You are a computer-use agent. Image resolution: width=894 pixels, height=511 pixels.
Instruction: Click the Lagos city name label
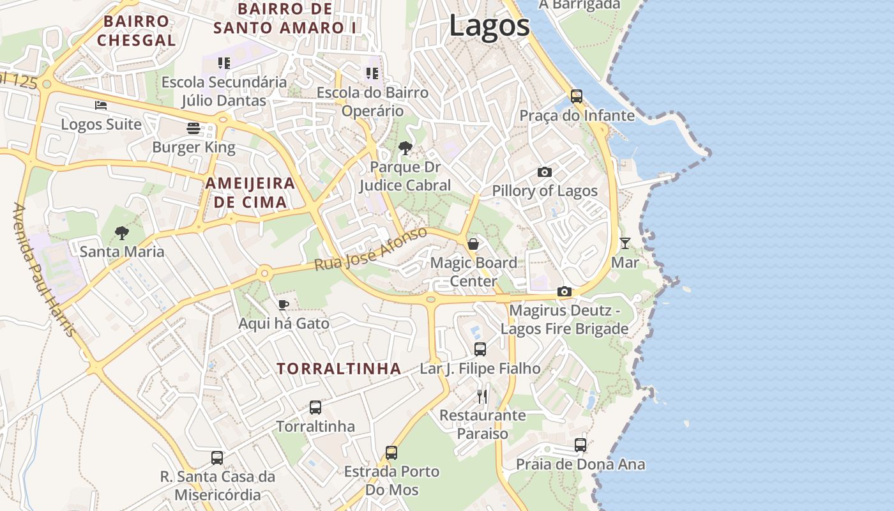[x=489, y=26]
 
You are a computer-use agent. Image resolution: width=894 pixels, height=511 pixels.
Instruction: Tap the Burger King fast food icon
[x=193, y=128]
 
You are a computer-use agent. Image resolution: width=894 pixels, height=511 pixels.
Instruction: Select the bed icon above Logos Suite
[x=100, y=105]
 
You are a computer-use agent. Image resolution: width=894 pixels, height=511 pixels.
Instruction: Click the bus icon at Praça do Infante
[x=577, y=96]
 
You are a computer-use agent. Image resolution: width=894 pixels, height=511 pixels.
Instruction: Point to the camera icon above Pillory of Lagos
[x=544, y=172]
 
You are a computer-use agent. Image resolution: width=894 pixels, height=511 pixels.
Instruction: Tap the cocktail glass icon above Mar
[x=625, y=243]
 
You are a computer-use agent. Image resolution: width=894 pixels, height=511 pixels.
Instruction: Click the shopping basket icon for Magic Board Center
[x=473, y=244]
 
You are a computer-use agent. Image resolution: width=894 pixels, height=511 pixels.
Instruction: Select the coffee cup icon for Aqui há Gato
[x=284, y=305]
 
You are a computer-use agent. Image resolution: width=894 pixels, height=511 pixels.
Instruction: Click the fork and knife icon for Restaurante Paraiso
[x=482, y=397]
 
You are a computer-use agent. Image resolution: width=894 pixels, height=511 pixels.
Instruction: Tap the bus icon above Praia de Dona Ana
[x=580, y=445]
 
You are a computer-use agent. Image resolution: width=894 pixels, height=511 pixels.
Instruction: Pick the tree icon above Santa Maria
[x=121, y=233]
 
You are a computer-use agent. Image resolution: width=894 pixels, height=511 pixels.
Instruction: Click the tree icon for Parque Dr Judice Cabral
[x=404, y=149]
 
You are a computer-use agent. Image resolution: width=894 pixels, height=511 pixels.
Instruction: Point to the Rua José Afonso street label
[x=371, y=249]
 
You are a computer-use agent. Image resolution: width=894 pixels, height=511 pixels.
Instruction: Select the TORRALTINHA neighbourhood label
[x=339, y=369]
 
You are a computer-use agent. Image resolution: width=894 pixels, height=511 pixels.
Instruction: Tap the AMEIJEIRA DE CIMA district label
[x=250, y=193]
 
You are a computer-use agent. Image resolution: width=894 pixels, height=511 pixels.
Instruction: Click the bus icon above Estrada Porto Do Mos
[x=391, y=453]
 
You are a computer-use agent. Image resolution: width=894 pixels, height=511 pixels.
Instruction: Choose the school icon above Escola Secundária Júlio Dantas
[x=223, y=63]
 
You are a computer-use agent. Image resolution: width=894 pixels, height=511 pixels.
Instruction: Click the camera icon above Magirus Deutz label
[x=564, y=292]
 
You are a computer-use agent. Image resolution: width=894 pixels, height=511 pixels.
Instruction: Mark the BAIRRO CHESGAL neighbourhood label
[x=136, y=30]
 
